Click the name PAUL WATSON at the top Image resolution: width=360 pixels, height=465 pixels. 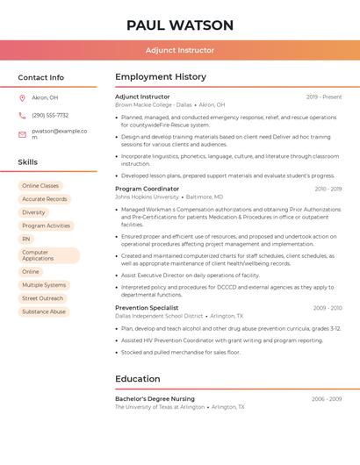[x=180, y=25]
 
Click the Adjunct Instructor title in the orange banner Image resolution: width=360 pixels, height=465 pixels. [x=180, y=50]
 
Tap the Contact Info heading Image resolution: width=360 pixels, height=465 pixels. [x=40, y=77]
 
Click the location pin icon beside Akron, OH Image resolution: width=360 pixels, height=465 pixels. [x=22, y=97]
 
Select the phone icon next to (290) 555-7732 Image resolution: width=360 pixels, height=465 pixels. [x=22, y=115]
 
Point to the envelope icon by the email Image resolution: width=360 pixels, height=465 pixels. [x=22, y=134]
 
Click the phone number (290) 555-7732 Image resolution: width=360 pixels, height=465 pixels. [x=50, y=115]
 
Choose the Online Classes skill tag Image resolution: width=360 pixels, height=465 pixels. [x=40, y=186]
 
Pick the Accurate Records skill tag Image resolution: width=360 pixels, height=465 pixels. [x=44, y=199]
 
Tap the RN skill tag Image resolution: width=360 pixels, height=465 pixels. [x=26, y=239]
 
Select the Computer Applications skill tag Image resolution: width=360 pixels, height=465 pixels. [x=48, y=255]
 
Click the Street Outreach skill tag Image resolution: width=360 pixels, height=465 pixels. [x=43, y=298]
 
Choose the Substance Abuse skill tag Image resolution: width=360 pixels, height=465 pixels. [x=44, y=311]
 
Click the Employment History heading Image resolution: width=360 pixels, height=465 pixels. [x=161, y=77]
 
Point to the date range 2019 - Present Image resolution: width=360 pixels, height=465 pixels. [x=324, y=97]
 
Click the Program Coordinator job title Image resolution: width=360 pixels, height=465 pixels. [x=147, y=189]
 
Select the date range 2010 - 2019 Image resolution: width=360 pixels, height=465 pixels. [x=328, y=189]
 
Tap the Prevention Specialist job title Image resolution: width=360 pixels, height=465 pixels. [x=147, y=308]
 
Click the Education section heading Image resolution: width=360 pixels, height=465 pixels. [x=137, y=379]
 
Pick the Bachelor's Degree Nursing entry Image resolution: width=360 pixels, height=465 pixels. [x=155, y=399]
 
